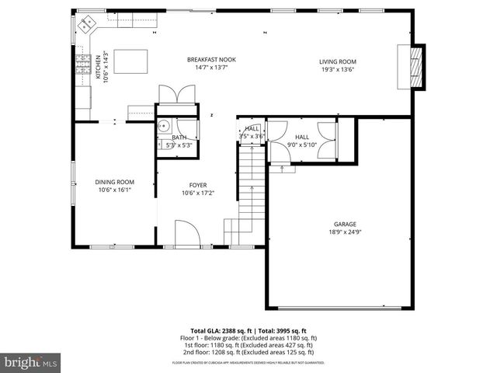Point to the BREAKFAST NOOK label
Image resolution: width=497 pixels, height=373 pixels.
pyautogui.click(x=211, y=60)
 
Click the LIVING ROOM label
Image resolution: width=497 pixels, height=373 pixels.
pyautogui.click(x=338, y=61)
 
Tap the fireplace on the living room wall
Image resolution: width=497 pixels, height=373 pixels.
pyautogui.click(x=418, y=68)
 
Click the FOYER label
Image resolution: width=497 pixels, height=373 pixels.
pyautogui.click(x=197, y=186)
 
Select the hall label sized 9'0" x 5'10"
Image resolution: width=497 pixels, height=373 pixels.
pyautogui.click(x=302, y=140)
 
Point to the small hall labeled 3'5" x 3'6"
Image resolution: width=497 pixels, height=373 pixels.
pyautogui.click(x=252, y=133)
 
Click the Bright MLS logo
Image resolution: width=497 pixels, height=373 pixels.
pyautogui.click(x=31, y=362)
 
